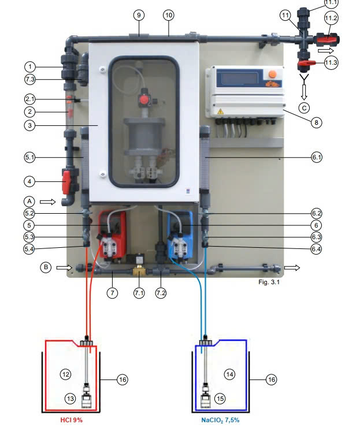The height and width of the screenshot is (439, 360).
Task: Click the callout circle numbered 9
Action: (x=139, y=15)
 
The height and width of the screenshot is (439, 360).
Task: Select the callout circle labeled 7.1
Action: (x=139, y=293)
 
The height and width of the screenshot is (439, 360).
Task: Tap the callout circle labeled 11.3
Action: (x=331, y=62)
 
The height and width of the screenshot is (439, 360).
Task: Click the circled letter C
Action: (x=304, y=108)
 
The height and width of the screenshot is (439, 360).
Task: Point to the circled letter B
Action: (x=46, y=267)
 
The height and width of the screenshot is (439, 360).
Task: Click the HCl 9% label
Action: (x=72, y=420)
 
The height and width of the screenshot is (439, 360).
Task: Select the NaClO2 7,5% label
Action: (x=220, y=421)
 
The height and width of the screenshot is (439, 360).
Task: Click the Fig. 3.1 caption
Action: (x=269, y=282)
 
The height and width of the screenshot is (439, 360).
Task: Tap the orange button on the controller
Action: (x=272, y=75)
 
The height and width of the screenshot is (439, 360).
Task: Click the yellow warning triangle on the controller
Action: (x=221, y=111)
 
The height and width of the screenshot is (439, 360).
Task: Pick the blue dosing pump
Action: (x=180, y=235)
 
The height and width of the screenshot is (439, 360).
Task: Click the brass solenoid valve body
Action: (x=139, y=270)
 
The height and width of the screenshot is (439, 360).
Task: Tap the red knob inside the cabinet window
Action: (x=144, y=100)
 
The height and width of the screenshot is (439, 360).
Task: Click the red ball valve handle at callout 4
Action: (x=66, y=183)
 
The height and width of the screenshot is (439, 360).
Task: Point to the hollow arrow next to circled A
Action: (x=47, y=202)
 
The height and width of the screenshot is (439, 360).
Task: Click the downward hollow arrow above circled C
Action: (x=305, y=92)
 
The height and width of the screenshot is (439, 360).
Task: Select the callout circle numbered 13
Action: (x=70, y=399)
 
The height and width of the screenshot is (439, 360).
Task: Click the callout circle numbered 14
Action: (x=229, y=374)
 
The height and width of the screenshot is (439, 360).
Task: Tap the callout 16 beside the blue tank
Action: (x=271, y=380)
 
